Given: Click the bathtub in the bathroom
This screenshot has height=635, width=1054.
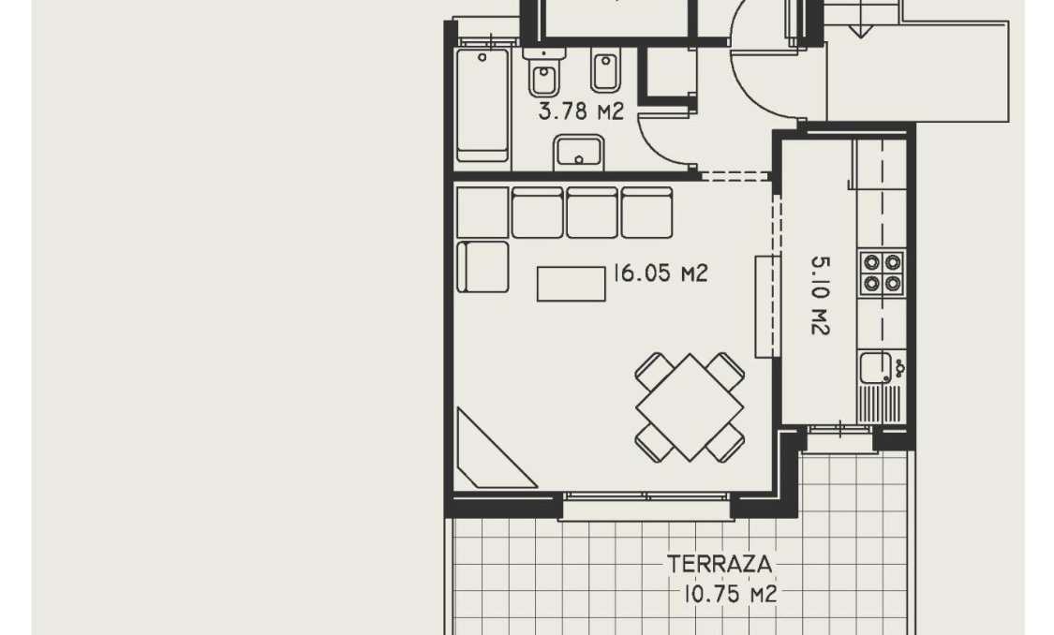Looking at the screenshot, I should (482, 105).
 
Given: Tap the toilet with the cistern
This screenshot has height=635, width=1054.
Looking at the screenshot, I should (542, 75).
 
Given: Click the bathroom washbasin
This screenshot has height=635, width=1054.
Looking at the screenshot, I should (579, 152).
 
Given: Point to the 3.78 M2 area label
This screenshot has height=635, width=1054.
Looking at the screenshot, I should (581, 113).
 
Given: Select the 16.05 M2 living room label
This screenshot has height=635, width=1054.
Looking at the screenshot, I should (660, 273).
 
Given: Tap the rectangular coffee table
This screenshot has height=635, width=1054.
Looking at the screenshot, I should (571, 284).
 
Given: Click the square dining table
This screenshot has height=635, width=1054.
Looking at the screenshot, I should (690, 406).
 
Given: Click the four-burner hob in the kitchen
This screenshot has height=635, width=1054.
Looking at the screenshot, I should (883, 273).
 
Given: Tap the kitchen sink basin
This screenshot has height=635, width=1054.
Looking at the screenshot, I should (876, 368).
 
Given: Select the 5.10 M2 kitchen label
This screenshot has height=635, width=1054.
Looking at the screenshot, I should (818, 297).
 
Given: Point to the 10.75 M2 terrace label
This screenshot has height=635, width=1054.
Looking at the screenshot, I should (730, 594).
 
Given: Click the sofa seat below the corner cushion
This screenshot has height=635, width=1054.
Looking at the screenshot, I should (483, 267).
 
